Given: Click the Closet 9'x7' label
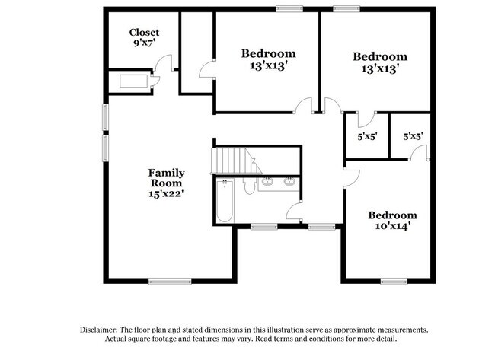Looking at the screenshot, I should (143, 38).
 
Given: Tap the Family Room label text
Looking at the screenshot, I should (166, 177).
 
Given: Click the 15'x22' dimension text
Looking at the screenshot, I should (166, 193).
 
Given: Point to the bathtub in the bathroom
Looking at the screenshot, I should (224, 201).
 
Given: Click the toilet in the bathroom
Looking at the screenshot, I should (249, 186).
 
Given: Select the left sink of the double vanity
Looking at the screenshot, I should (268, 182).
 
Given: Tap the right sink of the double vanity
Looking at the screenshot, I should (289, 182).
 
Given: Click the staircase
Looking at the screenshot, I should (232, 161).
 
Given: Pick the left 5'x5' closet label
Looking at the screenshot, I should (368, 136).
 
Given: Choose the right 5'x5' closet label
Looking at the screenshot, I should (413, 136).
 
